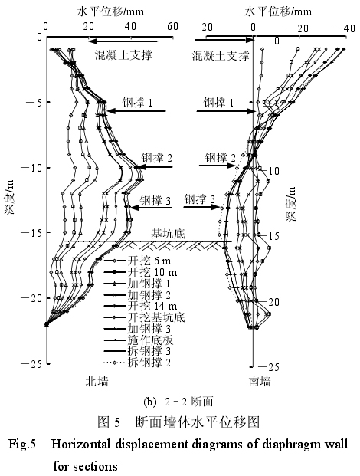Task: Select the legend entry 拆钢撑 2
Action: [137, 362]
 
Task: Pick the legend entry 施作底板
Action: [139, 340]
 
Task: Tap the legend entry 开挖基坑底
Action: [144, 317]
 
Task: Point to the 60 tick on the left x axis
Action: [172, 26]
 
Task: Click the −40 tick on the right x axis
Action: [345, 28]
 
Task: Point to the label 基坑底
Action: [169, 234]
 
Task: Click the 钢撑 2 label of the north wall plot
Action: [157, 158]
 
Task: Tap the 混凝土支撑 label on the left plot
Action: [123, 55]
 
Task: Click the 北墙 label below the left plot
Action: [97, 381]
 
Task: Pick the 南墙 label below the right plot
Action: [260, 381]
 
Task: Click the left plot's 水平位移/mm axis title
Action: [110, 11]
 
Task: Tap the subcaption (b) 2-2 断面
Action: [178, 402]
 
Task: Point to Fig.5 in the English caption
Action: [22, 445]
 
